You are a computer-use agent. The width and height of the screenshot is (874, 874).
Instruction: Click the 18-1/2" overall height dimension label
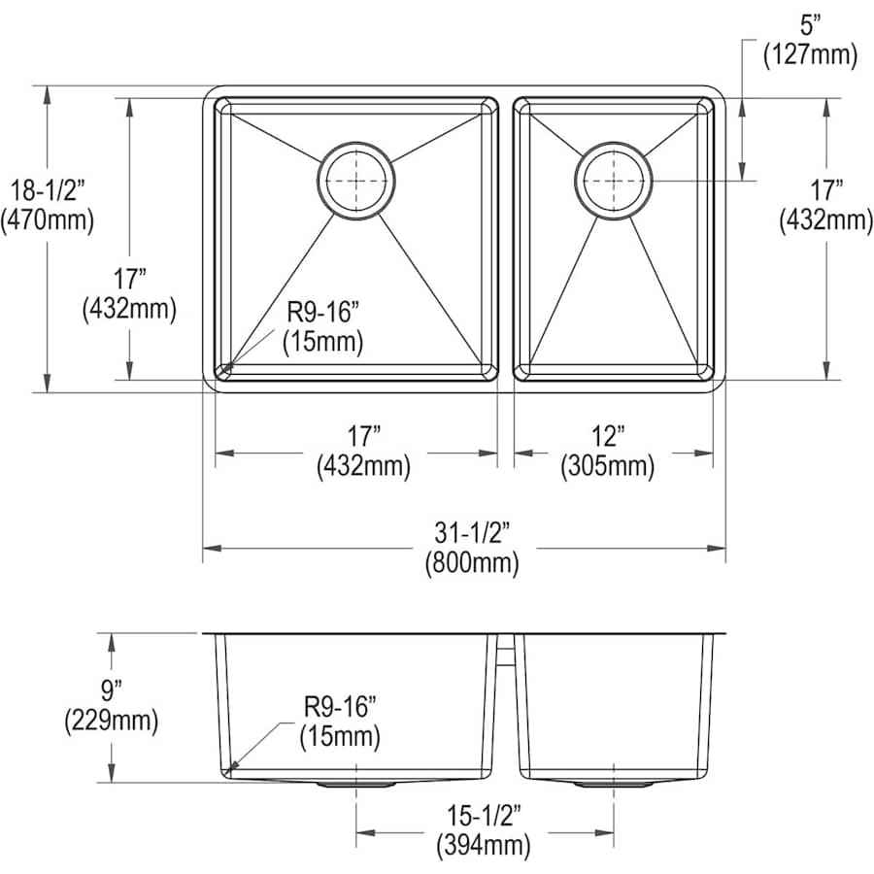click(48, 190)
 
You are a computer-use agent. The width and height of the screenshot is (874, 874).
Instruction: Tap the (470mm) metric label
click(48, 220)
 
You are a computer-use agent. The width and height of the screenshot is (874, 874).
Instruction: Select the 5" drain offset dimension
click(811, 25)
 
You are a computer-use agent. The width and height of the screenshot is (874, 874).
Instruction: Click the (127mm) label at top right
click(810, 54)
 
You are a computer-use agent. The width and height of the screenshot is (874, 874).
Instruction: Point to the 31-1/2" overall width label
click(472, 533)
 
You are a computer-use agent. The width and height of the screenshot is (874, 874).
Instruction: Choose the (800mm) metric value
click(472, 562)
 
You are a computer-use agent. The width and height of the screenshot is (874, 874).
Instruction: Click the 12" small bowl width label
click(608, 436)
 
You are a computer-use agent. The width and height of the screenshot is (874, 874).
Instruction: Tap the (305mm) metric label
click(608, 466)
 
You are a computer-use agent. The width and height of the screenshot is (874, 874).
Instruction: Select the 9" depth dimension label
click(112, 691)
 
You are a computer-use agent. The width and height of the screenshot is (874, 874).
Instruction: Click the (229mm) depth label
click(112, 721)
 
